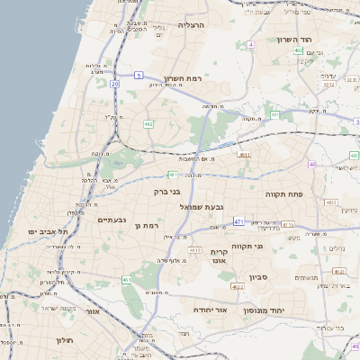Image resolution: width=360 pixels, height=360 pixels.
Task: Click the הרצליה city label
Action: click(x=192, y=25)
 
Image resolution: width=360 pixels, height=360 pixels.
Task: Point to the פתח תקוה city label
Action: click(x=283, y=194)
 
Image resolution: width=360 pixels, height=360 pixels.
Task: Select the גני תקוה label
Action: click(x=247, y=246)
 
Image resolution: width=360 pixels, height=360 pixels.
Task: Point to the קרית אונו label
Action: click(x=220, y=256)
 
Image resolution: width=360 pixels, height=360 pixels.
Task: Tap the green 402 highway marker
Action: click(x=298, y=50)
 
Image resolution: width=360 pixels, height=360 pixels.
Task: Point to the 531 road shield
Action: click(x=274, y=115)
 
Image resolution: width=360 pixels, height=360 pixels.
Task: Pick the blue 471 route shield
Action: click(x=238, y=220)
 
